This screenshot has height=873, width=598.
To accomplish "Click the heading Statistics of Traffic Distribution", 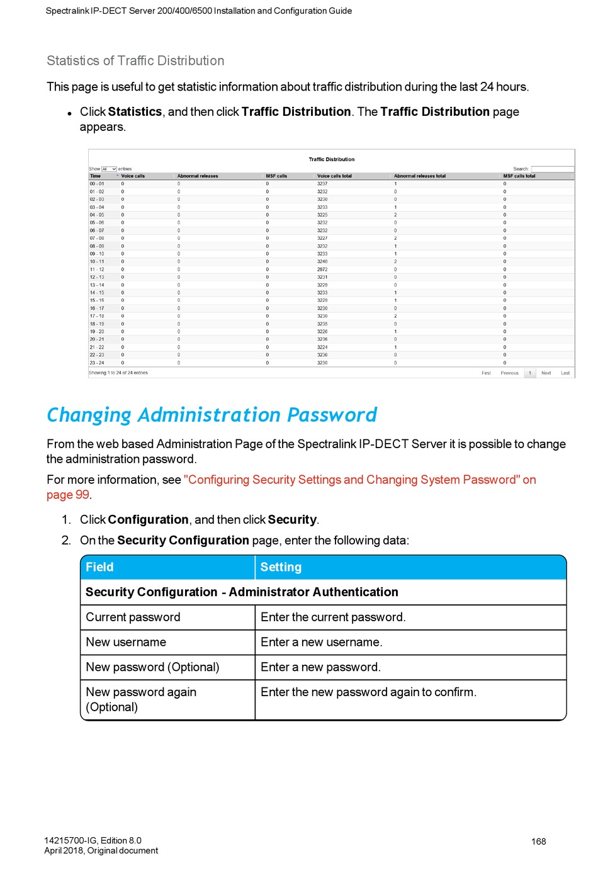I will click(x=135, y=61).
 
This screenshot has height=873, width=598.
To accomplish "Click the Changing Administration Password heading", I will click(x=212, y=415).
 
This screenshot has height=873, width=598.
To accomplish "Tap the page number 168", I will click(x=538, y=842).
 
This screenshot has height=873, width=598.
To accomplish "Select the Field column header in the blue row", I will click(x=99, y=567).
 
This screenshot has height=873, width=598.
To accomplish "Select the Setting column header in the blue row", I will click(x=281, y=567).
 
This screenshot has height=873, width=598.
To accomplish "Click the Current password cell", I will click(x=133, y=617).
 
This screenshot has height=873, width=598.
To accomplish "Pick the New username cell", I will click(x=126, y=642).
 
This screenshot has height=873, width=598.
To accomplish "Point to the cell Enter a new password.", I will click(x=320, y=667).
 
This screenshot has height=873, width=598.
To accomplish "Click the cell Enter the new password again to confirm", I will click(x=368, y=692).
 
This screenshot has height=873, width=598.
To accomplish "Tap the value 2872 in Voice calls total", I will click(x=322, y=269).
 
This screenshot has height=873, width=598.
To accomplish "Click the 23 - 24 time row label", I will click(x=97, y=363).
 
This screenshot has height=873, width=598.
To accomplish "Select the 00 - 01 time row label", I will click(x=97, y=184).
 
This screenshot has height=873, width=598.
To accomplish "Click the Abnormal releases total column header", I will click(x=420, y=176).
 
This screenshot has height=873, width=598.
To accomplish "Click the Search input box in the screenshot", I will click(x=552, y=169).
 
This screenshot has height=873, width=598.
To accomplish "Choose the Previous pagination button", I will click(x=509, y=373).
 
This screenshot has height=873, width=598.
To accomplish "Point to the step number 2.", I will click(x=66, y=541).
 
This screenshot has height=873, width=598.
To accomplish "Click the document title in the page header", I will click(x=198, y=11).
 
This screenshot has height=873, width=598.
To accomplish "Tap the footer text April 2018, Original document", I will click(x=101, y=851).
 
